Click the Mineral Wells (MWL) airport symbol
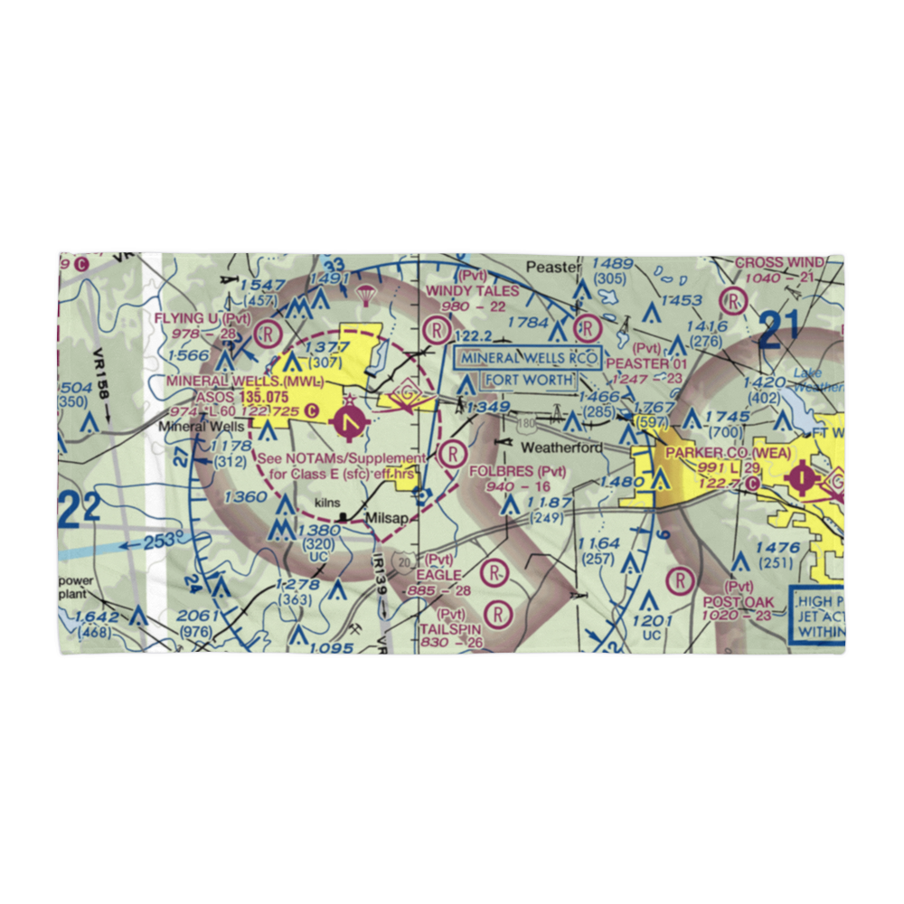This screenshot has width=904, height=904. (x=350, y=419)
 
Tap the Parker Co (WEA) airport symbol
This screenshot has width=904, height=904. (x=803, y=473)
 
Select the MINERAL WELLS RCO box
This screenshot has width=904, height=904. (x=528, y=358)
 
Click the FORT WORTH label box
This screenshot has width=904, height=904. (x=529, y=380)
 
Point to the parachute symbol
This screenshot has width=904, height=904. (x=365, y=295)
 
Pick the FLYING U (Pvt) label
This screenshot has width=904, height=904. (x=202, y=318)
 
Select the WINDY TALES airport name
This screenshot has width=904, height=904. (x=472, y=290)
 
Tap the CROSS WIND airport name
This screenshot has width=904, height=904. (x=778, y=262)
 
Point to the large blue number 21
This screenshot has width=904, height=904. (x=783, y=330)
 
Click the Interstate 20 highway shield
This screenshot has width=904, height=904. (x=404, y=561)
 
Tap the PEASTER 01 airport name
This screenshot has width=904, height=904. (x=646, y=363)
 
